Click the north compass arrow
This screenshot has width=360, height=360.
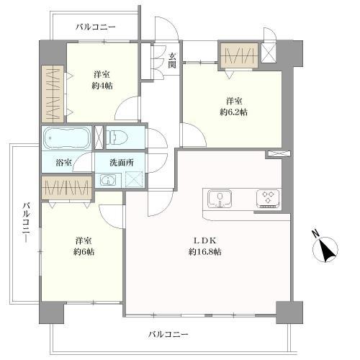point(328,250)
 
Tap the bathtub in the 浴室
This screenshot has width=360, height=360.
point(66,137)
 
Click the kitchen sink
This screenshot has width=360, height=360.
point(220,199)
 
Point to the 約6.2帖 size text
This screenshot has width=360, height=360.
point(233,112)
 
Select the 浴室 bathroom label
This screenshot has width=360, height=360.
point(63,163)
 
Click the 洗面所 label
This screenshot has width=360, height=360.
point(121,163)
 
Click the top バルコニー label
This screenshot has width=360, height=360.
point(96,27)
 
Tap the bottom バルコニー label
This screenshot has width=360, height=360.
point(168,334)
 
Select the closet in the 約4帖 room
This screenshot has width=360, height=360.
point(53,93)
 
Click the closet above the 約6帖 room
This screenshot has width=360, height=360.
point(66,189)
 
